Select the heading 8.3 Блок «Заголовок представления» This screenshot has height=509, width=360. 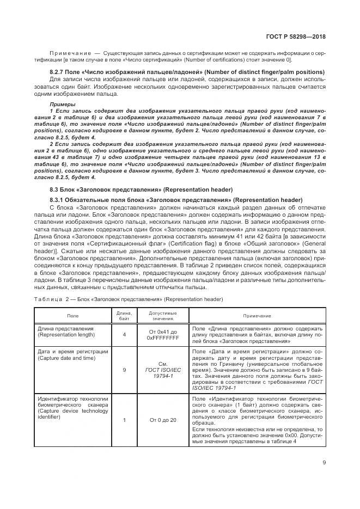[x=141, y=189]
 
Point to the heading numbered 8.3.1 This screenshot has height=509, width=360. [x=176, y=200]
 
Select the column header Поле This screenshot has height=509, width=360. [x=72, y=315]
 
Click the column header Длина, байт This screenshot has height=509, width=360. [x=124, y=315]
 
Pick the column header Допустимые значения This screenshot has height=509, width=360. [x=163, y=315]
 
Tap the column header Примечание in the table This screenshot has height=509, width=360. [x=257, y=315]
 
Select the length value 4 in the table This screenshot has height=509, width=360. [x=124, y=335]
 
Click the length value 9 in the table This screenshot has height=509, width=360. [x=124, y=370]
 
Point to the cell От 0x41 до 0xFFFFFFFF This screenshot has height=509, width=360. [x=163, y=335]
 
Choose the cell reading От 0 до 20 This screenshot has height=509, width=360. [x=163, y=420]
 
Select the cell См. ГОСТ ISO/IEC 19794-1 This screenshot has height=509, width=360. [x=163, y=370]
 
